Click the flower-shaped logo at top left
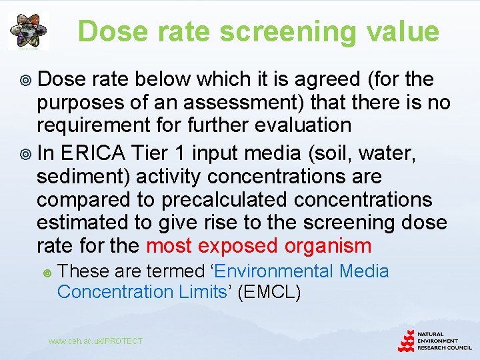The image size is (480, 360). point(28,31)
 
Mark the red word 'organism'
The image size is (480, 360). point(327,246)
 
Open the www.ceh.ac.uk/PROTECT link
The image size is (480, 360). point(95,341)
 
